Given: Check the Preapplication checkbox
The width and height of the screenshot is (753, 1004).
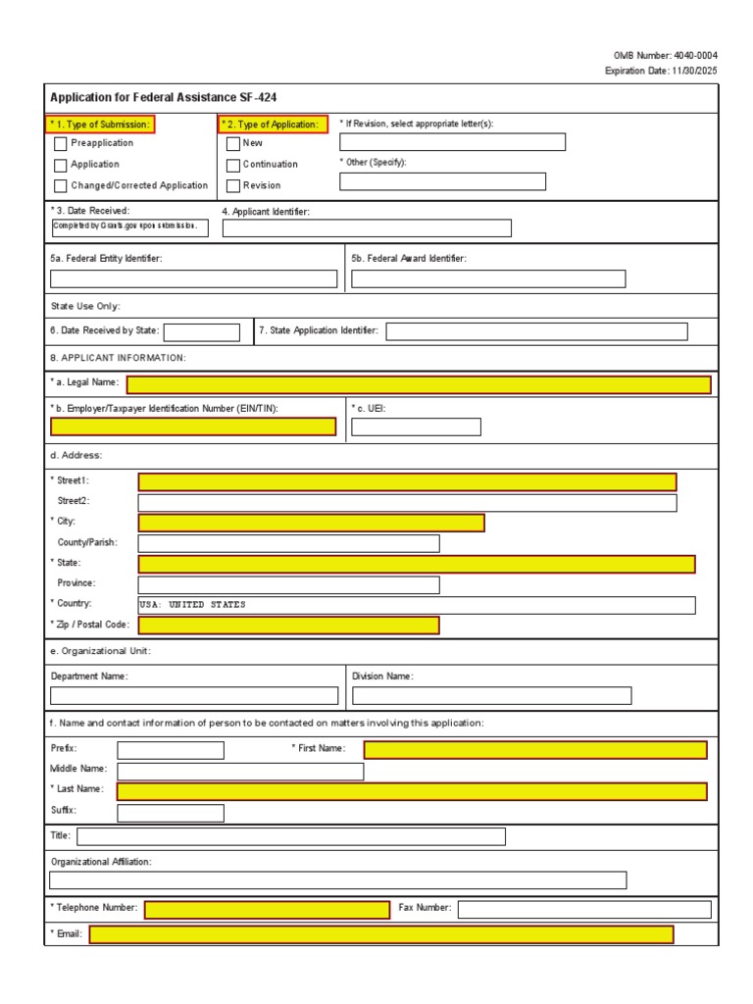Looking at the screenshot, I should click(61, 144).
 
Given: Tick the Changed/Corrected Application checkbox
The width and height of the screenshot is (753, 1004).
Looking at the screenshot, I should click(61, 186).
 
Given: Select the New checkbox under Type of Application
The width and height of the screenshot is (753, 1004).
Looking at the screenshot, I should click(233, 144).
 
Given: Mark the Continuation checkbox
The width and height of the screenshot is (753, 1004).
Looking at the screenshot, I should click(233, 165).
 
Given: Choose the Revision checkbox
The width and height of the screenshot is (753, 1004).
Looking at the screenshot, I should click(233, 186).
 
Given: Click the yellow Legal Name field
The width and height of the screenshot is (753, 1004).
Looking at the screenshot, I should click(419, 384).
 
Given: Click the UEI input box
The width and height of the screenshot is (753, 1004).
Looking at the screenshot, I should click(416, 427).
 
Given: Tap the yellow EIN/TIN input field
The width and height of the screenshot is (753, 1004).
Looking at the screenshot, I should click(193, 427).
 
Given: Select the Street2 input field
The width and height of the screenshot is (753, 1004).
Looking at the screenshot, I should click(407, 503).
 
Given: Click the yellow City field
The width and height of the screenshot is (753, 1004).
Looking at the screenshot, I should click(311, 523).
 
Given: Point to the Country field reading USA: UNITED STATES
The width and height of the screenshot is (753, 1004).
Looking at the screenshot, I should click(417, 605).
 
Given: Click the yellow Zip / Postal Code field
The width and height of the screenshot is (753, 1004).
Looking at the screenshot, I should click(288, 626).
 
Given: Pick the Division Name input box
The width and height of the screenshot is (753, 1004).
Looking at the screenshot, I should click(491, 696).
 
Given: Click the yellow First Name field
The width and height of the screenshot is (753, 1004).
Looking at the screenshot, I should click(534, 750).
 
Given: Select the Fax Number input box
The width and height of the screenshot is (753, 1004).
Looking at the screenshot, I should click(583, 909).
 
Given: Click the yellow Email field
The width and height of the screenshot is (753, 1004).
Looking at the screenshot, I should click(381, 934).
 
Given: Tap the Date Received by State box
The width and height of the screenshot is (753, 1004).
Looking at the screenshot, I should click(201, 332).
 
